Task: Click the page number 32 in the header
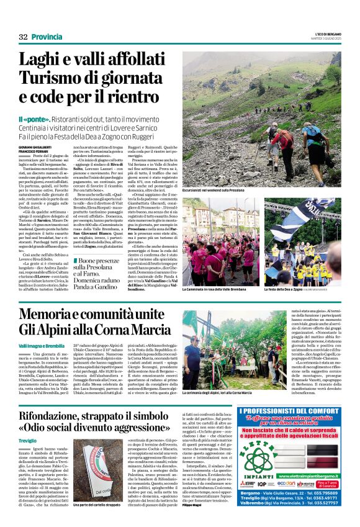[24, 37]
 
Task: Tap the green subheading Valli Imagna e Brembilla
[42, 345]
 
